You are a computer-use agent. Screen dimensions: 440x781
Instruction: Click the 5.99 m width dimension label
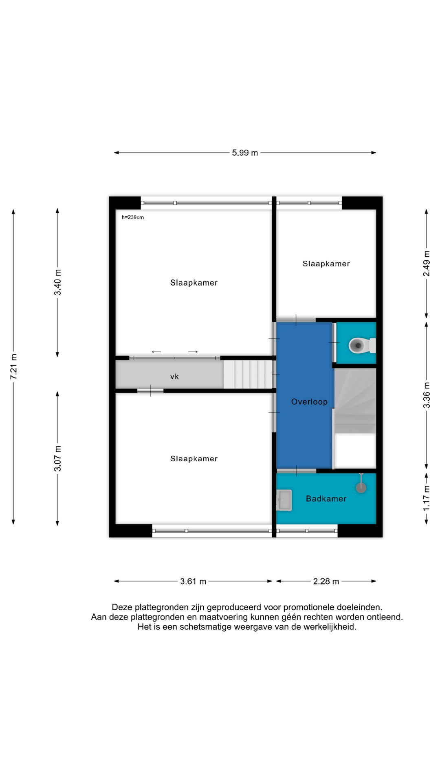point(245,153)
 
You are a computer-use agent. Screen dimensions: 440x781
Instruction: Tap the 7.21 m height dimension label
point(14,367)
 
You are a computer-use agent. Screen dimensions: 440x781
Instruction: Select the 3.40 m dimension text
point(58,282)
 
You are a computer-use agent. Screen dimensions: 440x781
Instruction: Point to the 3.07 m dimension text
point(58,458)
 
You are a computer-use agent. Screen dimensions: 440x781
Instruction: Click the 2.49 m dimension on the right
point(426,263)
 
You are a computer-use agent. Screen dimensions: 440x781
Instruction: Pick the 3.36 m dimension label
point(426,395)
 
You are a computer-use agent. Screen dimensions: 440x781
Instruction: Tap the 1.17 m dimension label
point(426,498)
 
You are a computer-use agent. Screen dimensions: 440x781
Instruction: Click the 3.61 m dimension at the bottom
point(193,581)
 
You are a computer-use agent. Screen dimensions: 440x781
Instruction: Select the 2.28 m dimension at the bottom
point(326,581)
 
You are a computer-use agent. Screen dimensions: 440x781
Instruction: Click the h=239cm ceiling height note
point(133,217)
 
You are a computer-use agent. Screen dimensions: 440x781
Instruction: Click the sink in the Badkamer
point(284,500)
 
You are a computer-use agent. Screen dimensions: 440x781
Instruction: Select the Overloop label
point(309,402)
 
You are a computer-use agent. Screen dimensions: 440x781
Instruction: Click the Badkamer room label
point(326,499)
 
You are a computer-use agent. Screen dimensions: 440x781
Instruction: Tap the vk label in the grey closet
point(174,377)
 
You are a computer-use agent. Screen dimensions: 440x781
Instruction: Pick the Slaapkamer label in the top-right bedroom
point(326,264)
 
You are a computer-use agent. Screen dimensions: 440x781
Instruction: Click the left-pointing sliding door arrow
point(156,352)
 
